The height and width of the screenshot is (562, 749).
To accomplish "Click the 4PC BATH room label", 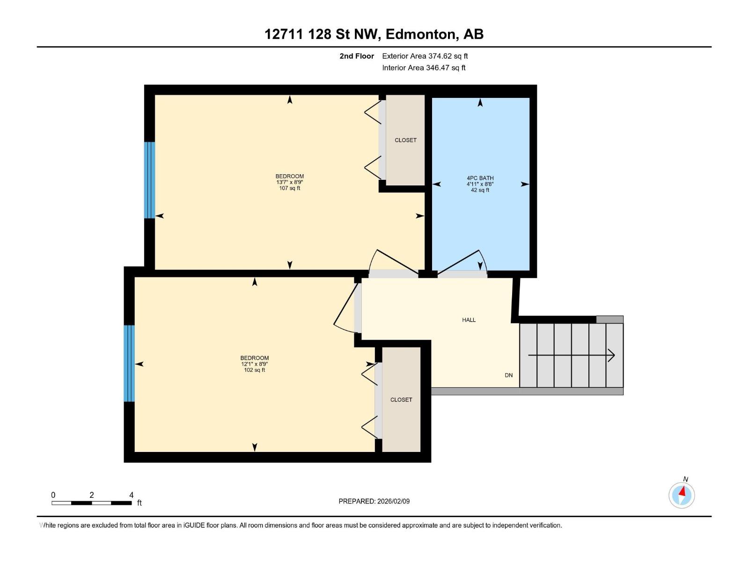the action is pos(480,178).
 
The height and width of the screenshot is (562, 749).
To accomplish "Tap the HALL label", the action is pos(469,320).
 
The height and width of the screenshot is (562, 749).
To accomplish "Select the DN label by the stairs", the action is pos(508,375).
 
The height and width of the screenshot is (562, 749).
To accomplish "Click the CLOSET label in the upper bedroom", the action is pos(405,140).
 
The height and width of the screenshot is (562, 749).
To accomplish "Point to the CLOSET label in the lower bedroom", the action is pos(401,399).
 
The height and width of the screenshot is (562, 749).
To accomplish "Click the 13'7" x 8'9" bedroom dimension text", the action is pos(289,182).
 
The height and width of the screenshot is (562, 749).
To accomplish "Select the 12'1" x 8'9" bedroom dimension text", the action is pos(254,364).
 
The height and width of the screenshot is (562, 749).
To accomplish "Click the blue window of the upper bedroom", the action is pos(149,180).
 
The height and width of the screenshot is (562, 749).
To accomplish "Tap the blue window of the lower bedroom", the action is pos(129,363).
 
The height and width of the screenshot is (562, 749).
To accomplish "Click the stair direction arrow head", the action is pos(612,355).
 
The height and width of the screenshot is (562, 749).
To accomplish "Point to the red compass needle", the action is pos(682,491).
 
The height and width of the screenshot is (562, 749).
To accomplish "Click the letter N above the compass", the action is pos(685,479).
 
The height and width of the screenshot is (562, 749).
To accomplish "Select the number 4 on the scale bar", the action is pos(132,495).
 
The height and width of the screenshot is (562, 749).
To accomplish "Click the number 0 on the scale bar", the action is pos(53,495).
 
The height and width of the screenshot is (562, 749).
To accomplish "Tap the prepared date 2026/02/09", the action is pos(393,501).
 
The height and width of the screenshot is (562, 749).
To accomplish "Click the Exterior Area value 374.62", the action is pos(439,56).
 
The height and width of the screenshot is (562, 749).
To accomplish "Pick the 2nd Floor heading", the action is pos(357,56).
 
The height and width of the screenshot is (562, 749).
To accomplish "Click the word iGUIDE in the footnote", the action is pos(194,525).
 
